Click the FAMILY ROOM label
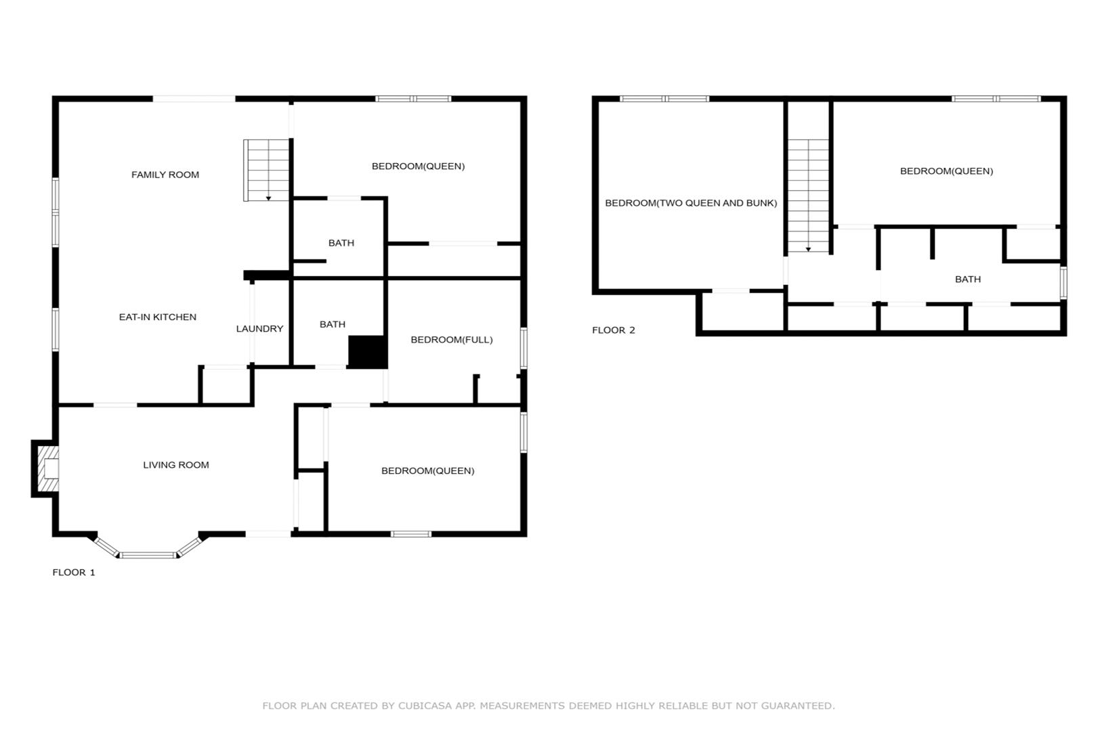tap(165, 175)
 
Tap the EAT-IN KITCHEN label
tap(158, 317)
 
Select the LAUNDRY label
tap(260, 329)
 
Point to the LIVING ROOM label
tap(176, 465)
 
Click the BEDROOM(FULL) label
tap(451, 340)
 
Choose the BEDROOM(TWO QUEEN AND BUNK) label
tap(691, 203)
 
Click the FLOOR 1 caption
tap(74, 572)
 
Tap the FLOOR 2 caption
tap(613, 330)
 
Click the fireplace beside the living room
tap(45, 469)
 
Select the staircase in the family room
tap(267, 170)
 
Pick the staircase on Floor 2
tap(808, 196)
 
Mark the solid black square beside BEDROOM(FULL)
tap(368, 352)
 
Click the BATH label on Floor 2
tap(968, 280)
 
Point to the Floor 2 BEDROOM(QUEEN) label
tap(946, 171)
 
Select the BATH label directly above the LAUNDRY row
tap(341, 243)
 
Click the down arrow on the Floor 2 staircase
tap(808, 250)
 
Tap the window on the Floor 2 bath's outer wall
tap(1063, 282)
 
